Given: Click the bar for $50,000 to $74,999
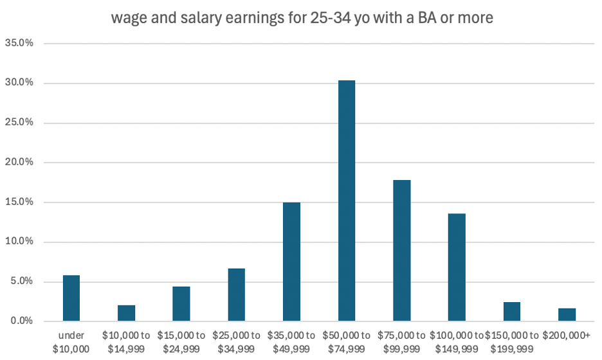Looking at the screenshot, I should coord(347,201).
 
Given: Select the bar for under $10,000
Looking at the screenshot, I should coord(71,298).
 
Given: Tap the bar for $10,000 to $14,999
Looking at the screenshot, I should coord(127,313).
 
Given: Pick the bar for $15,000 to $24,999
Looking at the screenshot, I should coord(181,303).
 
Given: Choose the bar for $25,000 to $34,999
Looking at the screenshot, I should coord(237,294).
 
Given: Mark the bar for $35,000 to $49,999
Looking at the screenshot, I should coord(291,262).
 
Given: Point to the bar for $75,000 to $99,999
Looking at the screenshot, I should coord(402,250).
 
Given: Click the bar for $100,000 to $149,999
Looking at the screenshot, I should coord(457,267).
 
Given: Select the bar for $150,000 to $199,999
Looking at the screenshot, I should coord(512,311).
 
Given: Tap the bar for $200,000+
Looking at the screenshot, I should coord(567,314).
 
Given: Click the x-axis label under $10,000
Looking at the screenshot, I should coord(71,341).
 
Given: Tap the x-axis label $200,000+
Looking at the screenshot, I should coord(567,336).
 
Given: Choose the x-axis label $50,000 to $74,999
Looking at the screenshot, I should coord(347,341).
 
